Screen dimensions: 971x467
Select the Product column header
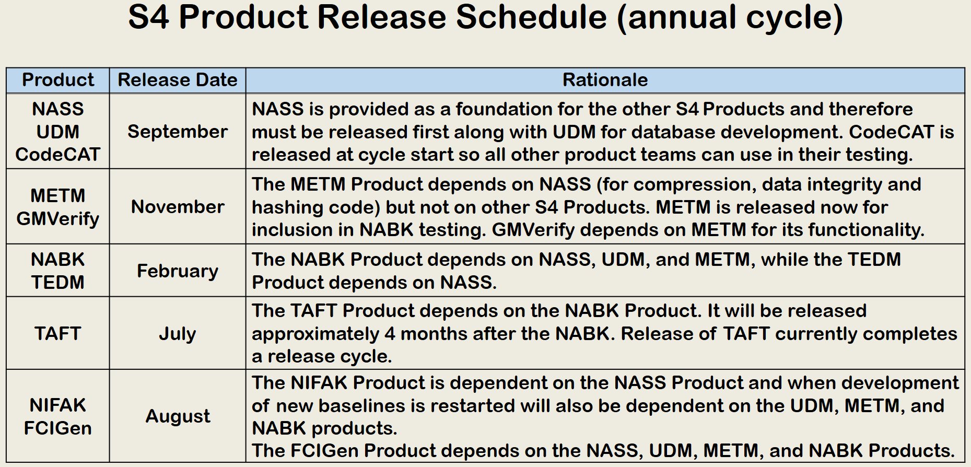tap(58, 80)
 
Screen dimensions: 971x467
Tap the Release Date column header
tap(178, 80)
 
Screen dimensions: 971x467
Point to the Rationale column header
tap(605, 80)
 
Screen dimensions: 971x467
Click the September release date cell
tap(178, 132)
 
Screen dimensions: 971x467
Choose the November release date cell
tap(178, 207)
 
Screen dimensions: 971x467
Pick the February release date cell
tap(178, 272)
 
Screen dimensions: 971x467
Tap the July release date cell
tap(178, 334)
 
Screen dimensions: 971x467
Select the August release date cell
tap(178, 416)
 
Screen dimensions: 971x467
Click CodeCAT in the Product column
tap(58, 155)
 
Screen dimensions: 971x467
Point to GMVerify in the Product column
tap(58, 219)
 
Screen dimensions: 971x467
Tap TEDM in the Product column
tap(58, 283)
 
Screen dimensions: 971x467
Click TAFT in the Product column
tap(58, 334)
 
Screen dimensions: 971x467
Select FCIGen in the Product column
tap(58, 428)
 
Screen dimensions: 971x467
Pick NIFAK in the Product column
tap(58, 405)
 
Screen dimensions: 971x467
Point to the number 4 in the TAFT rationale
tap(390, 334)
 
